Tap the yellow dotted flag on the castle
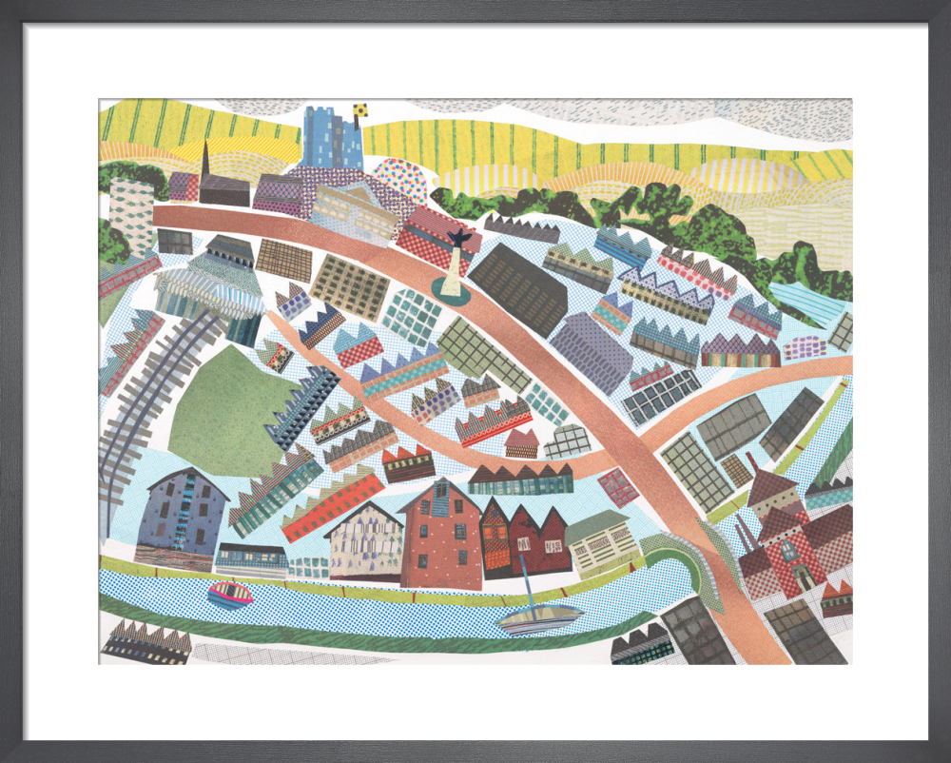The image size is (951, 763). coord(360,111)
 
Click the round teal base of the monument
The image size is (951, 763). coord(451,289)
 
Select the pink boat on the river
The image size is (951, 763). coord(230,595)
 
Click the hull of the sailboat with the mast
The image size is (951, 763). coord(538,618)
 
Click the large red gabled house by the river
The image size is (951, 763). coord(441,538)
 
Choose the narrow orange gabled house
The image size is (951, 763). coord(495,539)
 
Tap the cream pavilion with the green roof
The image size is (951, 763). coord(600,542)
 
